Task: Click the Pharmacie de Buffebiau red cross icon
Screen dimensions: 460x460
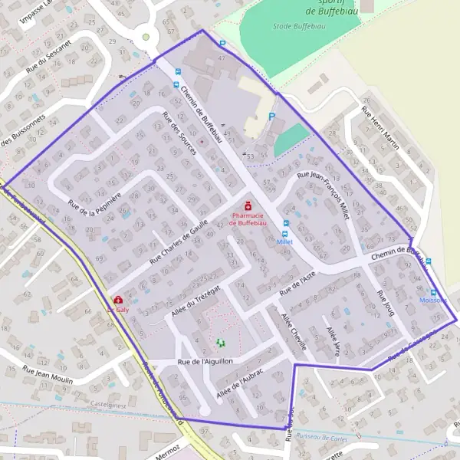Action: coord(248,206)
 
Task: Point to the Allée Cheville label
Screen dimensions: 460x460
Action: coord(294,331)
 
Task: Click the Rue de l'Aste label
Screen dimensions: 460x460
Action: coord(297,286)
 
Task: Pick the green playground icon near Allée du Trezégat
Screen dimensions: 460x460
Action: coord(221,343)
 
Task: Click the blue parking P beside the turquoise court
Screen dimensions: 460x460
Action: coord(271,117)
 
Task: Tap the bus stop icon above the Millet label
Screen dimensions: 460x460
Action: coord(286,224)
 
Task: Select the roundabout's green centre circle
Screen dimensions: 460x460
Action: coord(146,36)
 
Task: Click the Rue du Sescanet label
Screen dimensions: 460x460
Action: coord(48,58)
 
